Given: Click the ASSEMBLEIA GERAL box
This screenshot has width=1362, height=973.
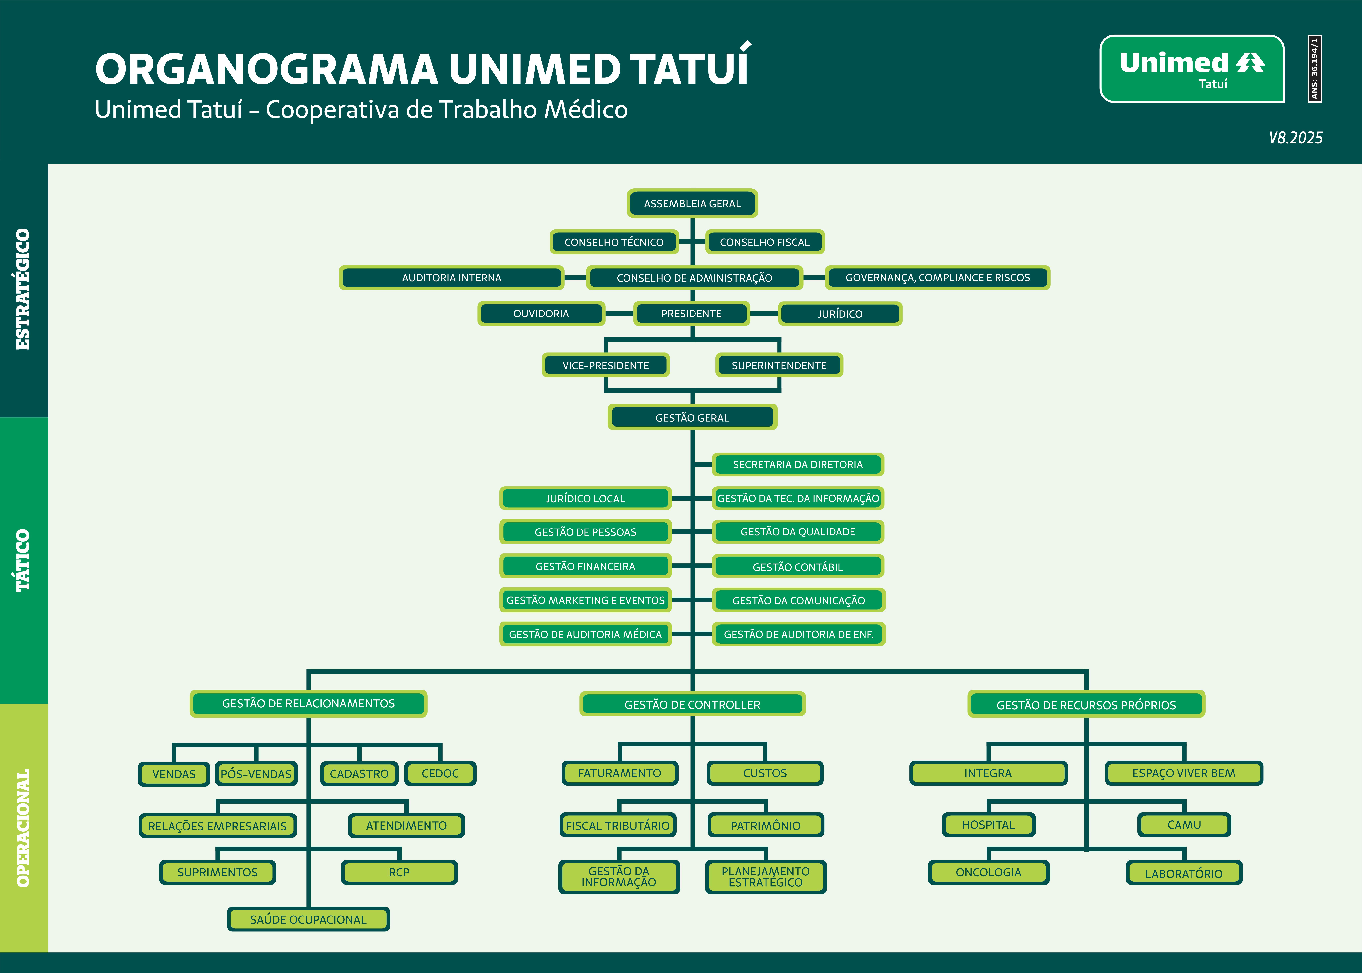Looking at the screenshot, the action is [x=692, y=204].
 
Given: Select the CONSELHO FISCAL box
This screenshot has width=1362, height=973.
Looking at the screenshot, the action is [x=765, y=242].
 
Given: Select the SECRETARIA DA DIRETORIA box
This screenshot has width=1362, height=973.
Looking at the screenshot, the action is [x=798, y=464].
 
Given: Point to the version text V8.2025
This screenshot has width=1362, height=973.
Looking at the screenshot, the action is [x=1295, y=138].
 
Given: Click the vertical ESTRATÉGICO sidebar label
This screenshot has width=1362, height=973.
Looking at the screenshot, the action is [x=23, y=289].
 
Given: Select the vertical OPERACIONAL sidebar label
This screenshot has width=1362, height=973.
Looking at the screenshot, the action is [x=23, y=828].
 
